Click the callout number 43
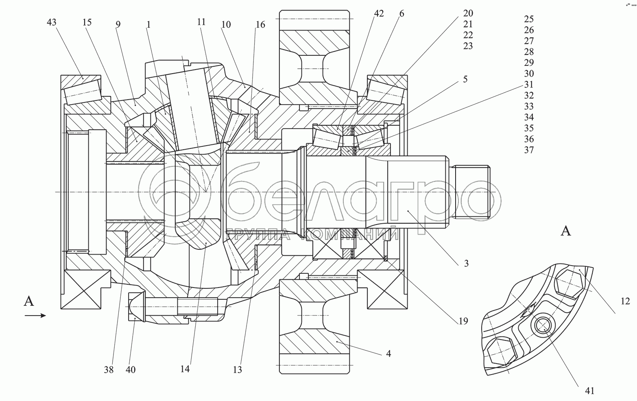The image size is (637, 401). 52,22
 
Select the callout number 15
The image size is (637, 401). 87,22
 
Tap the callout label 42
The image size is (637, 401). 378,13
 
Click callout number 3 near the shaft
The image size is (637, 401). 466,263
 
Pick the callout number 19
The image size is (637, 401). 463,321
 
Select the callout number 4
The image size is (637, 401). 388,353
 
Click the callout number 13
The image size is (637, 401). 238,369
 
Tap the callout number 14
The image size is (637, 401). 185,369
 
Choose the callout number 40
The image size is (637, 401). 131,369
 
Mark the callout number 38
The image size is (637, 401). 109,369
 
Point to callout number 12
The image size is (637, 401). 625,301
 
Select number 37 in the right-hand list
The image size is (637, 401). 529,150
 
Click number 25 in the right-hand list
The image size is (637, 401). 529,19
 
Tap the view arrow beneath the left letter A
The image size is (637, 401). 35,315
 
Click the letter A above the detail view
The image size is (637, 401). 566,231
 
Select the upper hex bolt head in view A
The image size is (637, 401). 567,282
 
